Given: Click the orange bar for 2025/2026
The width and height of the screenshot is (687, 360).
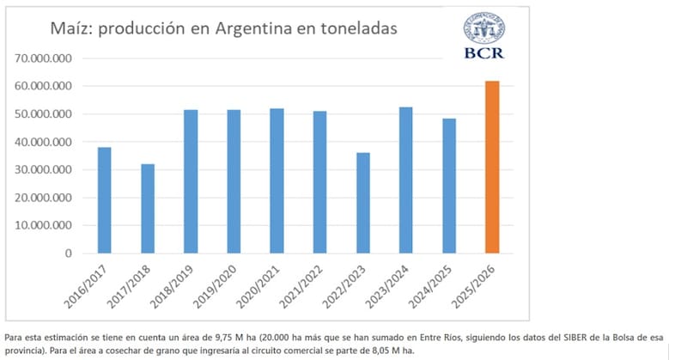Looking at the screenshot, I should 491,168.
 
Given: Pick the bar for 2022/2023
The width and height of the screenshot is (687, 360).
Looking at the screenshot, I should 362,203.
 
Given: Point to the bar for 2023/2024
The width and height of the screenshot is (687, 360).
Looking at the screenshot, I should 405,180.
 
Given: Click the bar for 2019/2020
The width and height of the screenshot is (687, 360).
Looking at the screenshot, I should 234,181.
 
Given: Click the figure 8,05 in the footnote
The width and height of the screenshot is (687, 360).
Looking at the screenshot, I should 379,351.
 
